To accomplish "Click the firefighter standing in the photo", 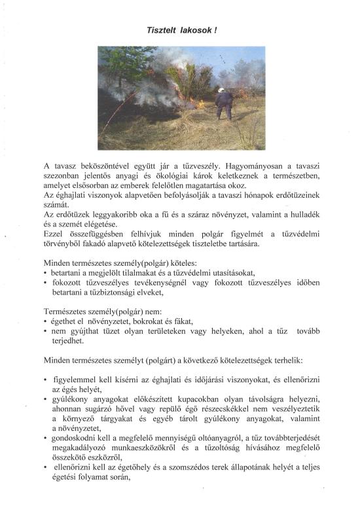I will click(224, 104).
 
